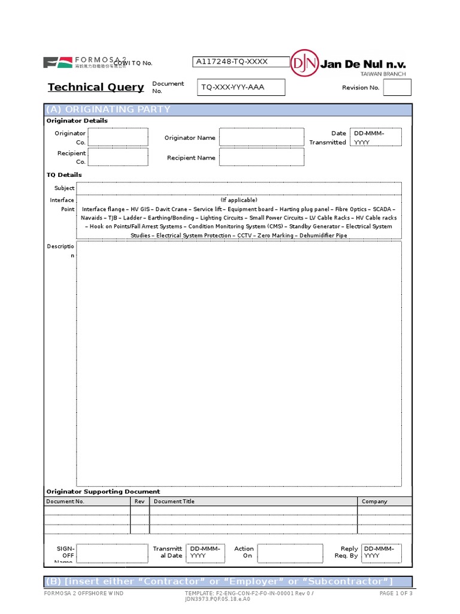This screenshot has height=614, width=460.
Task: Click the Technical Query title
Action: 96,88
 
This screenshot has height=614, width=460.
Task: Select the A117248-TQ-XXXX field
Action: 241,62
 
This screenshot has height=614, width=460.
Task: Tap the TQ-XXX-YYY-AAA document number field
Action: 241,88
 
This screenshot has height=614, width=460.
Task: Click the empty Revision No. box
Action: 397,88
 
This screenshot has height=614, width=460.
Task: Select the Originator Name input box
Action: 262,137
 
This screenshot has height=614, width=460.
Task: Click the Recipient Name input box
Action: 262,157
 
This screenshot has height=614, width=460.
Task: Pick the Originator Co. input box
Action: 118,137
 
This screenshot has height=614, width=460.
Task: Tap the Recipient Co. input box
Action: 118,157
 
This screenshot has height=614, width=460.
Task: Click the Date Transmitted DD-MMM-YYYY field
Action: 377,137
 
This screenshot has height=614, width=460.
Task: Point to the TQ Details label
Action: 64,175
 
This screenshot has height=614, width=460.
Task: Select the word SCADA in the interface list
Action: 383,209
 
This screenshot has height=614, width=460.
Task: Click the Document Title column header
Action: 174,501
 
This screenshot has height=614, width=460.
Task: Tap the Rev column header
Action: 140,501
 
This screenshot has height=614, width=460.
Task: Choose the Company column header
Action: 374,501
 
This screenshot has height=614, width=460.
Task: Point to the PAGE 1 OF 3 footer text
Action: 396,594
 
